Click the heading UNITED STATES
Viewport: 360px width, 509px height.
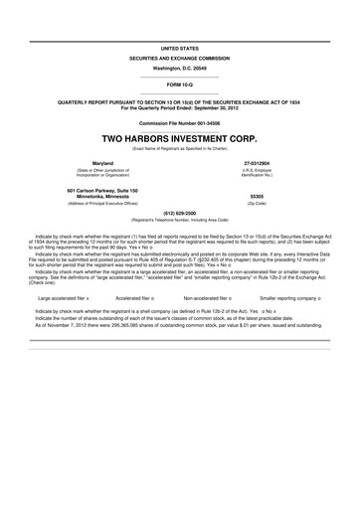(x=179, y=48)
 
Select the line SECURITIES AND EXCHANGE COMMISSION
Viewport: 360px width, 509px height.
(x=179, y=59)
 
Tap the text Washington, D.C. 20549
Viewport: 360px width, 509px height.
(x=179, y=69)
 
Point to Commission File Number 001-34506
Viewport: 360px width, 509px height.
(x=179, y=123)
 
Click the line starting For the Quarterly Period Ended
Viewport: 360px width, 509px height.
(x=179, y=106)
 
